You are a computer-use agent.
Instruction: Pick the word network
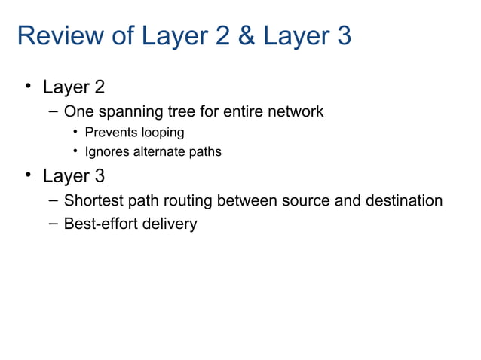(x=296, y=112)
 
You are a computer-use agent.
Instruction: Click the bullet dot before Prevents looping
(x=77, y=133)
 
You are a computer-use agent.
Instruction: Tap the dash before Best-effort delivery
(x=51, y=224)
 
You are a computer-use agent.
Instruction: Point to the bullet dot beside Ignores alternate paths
(x=77, y=152)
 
